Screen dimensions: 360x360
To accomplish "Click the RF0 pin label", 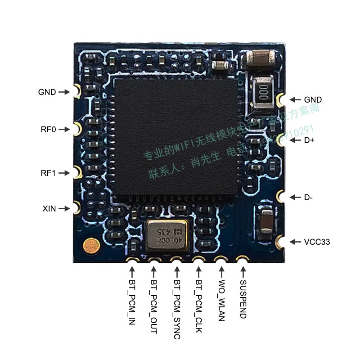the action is click(x=48, y=130).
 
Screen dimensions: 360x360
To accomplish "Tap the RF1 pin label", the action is click(x=48, y=173).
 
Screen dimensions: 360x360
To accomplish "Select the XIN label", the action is click(x=49, y=209).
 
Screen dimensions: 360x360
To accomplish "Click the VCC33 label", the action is click(x=316, y=242).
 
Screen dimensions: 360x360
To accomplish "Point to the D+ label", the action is click(x=309, y=140).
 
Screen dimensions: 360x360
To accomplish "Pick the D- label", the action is click(x=309, y=197).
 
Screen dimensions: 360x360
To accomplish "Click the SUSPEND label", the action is click(x=243, y=299).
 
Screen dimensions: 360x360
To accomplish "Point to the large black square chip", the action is click(x=175, y=137).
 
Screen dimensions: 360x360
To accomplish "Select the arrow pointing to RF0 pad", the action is click(x=64, y=130).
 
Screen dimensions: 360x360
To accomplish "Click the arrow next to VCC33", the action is click(x=295, y=242).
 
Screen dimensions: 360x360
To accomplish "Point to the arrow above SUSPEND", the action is click(x=243, y=271).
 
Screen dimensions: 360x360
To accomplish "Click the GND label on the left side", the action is click(x=47, y=92).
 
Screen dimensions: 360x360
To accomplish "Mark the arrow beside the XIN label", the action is click(x=64, y=209).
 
